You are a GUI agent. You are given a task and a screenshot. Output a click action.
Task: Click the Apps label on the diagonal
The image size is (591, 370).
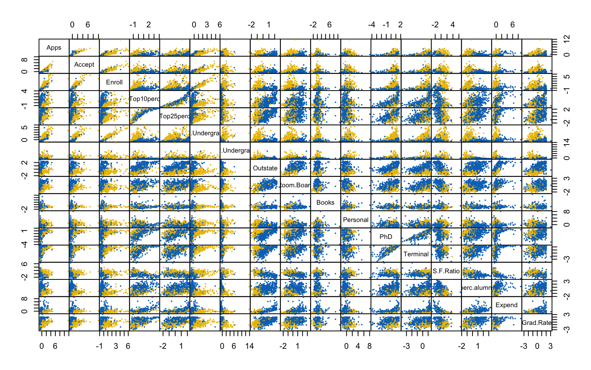point(54,48)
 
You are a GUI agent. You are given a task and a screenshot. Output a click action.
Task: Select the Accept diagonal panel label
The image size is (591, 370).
point(84,65)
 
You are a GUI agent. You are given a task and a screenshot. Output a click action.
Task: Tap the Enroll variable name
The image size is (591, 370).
point(114,82)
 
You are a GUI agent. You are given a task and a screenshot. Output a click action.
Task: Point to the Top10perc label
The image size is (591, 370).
point(144,99)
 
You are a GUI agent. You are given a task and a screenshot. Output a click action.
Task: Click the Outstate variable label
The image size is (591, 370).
point(265,168)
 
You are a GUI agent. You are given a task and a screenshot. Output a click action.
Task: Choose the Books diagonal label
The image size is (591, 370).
point(326,202)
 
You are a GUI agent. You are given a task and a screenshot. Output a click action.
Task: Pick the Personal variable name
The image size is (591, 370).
point(356,220)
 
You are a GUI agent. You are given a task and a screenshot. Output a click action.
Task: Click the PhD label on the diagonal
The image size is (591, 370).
point(386,237)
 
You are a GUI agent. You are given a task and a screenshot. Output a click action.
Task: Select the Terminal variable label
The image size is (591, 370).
point(416,254)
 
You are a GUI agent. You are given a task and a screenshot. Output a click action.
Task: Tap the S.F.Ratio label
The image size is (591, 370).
point(446,271)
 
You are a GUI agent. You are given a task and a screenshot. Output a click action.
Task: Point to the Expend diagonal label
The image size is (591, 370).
point(506,305)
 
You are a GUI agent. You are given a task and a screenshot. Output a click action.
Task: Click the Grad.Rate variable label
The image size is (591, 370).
point(536,323)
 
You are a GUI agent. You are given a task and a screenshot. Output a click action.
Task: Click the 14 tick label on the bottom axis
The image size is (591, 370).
point(249,346)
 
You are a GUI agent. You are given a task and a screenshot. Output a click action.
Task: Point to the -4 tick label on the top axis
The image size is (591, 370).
point(371,25)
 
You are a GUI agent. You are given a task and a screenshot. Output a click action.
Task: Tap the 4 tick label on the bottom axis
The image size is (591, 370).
point(358,346)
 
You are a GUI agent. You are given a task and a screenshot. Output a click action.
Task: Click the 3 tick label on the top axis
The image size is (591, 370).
point(207,25)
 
